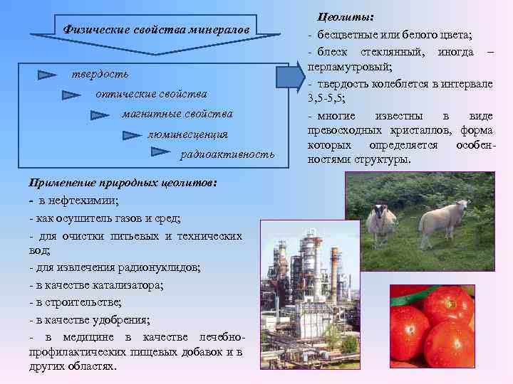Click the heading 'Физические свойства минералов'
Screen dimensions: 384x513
tap(156, 30)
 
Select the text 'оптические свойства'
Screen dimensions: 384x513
tap(150, 94)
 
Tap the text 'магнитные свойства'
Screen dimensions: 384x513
tap(177, 114)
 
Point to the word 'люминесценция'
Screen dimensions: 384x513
tap(187, 134)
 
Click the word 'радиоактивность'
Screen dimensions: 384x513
tap(227, 154)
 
